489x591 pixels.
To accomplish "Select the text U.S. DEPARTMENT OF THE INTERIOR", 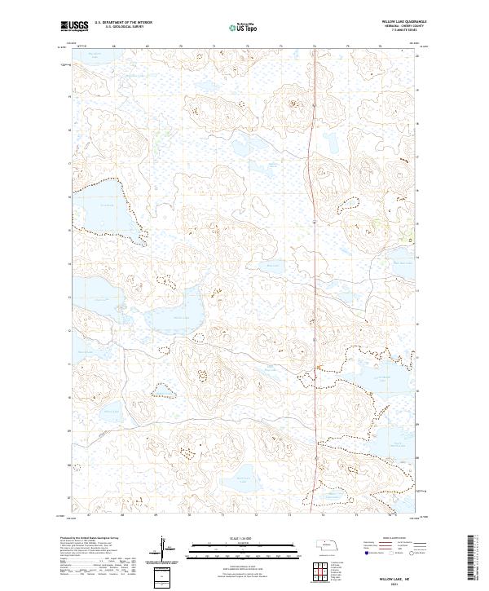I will point(123,23).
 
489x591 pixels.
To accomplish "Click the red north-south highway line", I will point(314,245).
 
